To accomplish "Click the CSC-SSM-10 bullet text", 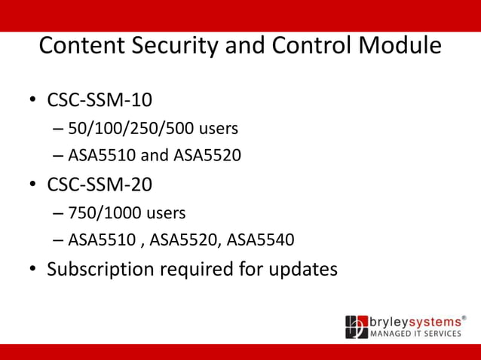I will click(105, 100).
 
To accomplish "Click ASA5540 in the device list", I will click(260, 240).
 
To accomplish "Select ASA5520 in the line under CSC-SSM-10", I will click(207, 157).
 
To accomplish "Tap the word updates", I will click(305, 269).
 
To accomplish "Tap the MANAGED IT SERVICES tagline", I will click(415, 334).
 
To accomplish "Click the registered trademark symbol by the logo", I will click(464, 317).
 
